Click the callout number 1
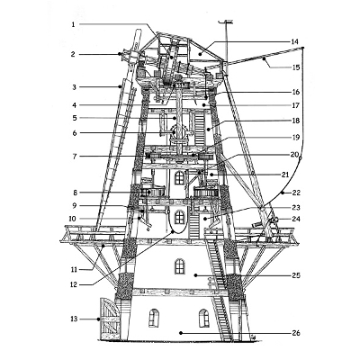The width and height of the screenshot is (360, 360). (73, 24)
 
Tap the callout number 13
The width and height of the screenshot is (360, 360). (74, 319)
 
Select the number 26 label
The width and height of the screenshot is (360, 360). (295, 333)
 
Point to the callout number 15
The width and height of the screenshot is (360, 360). (296, 67)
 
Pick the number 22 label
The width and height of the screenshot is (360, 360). (296, 193)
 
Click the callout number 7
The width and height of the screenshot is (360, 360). (75, 157)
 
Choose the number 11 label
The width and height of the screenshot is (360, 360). (74, 270)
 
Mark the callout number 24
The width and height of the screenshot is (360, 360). (296, 219)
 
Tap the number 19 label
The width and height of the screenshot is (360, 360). (296, 138)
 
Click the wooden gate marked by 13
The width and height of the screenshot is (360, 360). (110, 319)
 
